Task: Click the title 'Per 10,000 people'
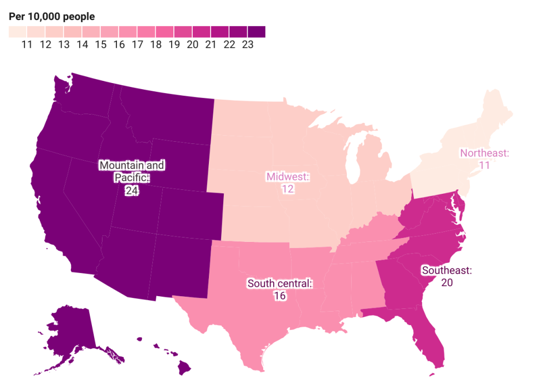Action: point(52,17)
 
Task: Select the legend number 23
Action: point(247,45)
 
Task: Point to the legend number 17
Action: point(137,45)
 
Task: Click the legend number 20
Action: point(192,45)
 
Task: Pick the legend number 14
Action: point(82,45)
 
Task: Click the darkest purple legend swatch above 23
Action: point(257,32)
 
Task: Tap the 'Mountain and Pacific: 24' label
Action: point(131,178)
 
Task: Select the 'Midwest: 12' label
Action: point(287,183)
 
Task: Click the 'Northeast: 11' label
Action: point(484,158)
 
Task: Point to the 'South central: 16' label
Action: point(280,290)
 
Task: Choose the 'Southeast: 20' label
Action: point(447,276)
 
